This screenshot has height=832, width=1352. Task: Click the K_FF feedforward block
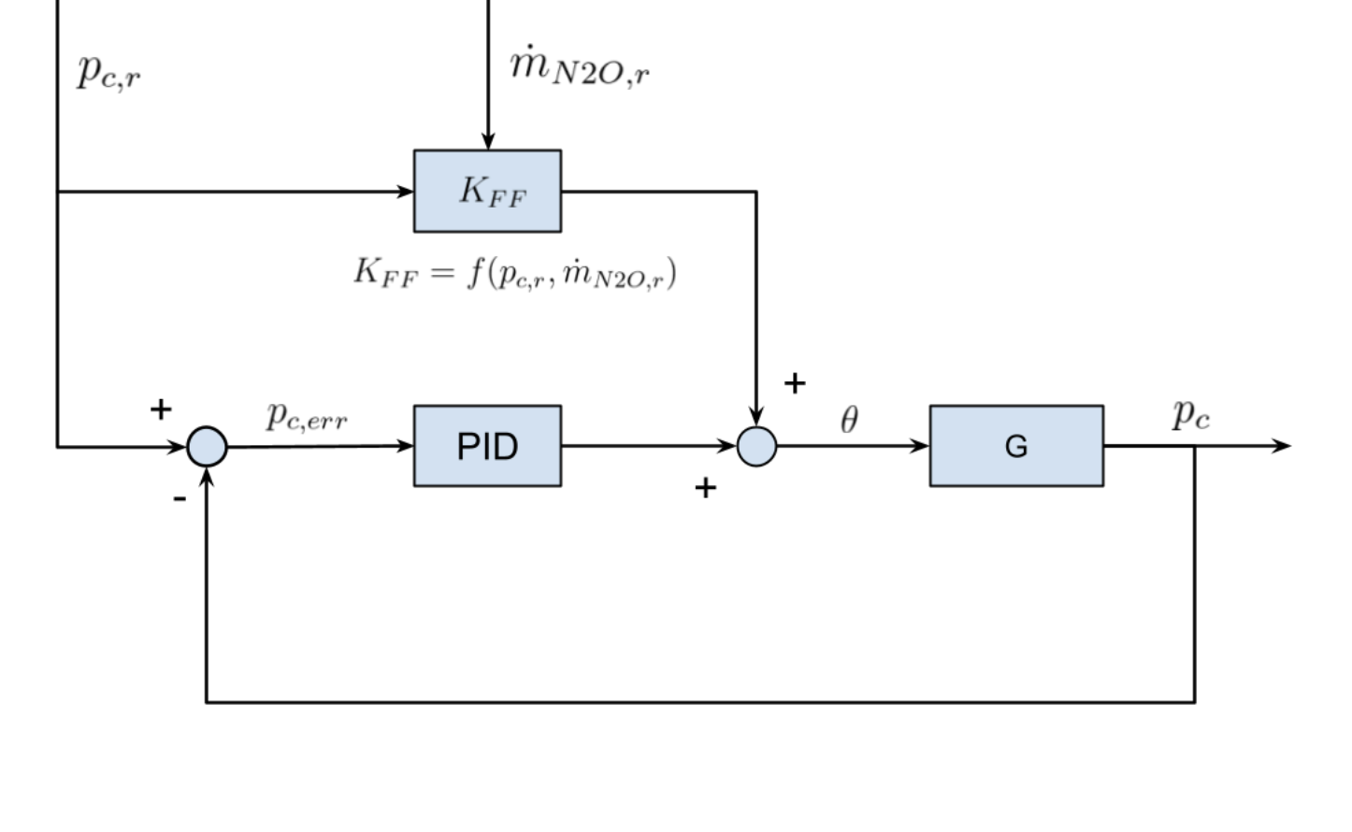pyautogui.click(x=487, y=191)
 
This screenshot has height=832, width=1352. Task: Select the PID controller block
pyautogui.click(x=487, y=446)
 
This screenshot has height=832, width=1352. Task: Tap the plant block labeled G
pyautogui.click(x=1016, y=446)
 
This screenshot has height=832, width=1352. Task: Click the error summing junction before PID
pyautogui.click(x=207, y=446)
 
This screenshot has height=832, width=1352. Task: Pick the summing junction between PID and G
pyautogui.click(x=756, y=446)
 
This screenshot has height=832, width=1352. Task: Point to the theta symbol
pyautogui.click(x=849, y=420)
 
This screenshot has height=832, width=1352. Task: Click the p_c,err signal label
pyautogui.click(x=307, y=416)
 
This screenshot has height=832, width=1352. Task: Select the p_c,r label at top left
pyautogui.click(x=109, y=70)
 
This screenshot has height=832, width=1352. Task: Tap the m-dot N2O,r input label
pyautogui.click(x=580, y=66)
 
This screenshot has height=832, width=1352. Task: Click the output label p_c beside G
pyautogui.click(x=1191, y=413)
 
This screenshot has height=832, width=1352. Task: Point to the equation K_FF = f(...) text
pyautogui.click(x=514, y=273)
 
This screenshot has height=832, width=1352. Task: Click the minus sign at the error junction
pyautogui.click(x=180, y=499)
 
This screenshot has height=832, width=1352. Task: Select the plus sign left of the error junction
pyautogui.click(x=161, y=409)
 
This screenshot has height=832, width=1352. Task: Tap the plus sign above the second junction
pyautogui.click(x=795, y=383)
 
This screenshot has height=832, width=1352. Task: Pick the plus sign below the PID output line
pyautogui.click(x=706, y=487)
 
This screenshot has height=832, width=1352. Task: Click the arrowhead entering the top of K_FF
pyautogui.click(x=487, y=141)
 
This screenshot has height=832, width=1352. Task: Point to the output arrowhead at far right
pyautogui.click(x=1282, y=446)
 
